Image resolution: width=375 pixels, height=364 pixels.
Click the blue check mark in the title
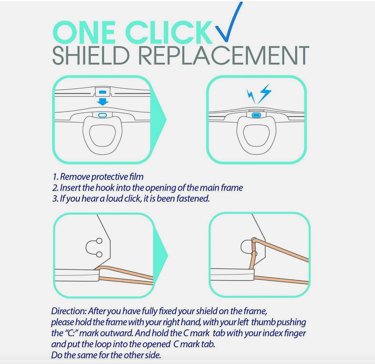(x=229, y=24)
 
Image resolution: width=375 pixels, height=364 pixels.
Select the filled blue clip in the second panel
(x=256, y=115)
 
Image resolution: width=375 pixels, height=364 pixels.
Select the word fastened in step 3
(x=195, y=198)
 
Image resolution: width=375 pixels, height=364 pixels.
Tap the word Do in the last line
(x=57, y=354)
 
